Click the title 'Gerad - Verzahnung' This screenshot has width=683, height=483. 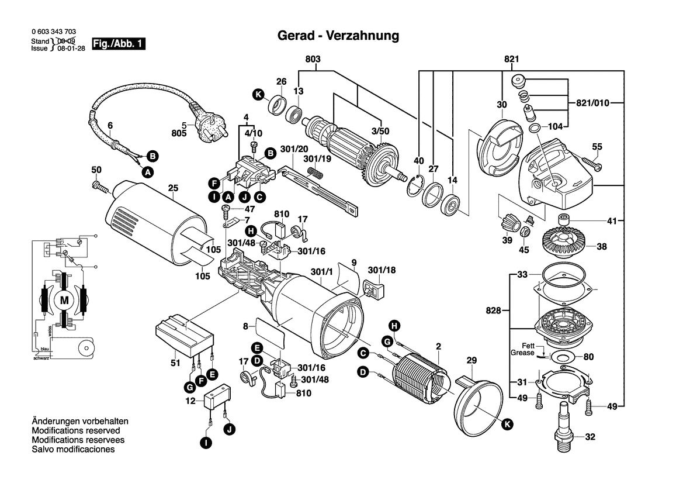click(x=337, y=36)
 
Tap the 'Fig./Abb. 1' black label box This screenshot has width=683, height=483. click(x=119, y=44)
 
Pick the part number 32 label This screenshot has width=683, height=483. click(x=590, y=436)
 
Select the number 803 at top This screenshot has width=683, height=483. click(x=313, y=59)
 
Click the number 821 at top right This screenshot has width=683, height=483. click(x=512, y=59)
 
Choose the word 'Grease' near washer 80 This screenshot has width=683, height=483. click(x=522, y=353)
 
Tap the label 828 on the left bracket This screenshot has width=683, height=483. click(x=494, y=311)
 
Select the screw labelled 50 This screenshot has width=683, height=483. click(x=101, y=188)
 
